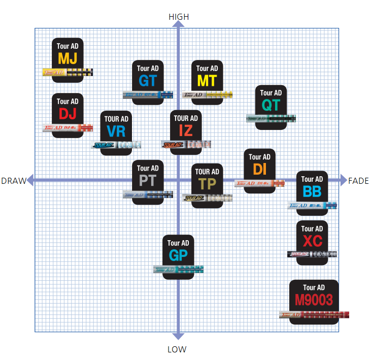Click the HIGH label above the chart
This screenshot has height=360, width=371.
pos(178,17)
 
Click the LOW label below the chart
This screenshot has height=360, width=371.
pos(177,349)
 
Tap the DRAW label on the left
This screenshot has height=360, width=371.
pos(13,181)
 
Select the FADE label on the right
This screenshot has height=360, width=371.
pos(358,181)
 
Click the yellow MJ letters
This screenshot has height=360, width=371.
pos(68,58)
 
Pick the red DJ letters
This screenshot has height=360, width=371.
pos(68,113)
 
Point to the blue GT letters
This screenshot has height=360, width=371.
pos(147,80)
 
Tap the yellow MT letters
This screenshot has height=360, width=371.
pos(207,80)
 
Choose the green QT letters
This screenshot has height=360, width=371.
pos(271,105)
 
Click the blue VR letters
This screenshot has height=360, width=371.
pos(116,132)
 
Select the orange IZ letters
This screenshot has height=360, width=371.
pos(185,130)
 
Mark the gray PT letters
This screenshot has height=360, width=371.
pos(148,180)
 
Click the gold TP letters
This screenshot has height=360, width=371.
pos(207,184)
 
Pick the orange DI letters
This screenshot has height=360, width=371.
pos(259,169)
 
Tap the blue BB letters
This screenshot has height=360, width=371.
pos(312,191)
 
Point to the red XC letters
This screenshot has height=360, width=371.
pos(312,241)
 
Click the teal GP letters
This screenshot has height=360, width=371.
pos(178,255)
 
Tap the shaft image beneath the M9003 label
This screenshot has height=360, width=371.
pos(314,314)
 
